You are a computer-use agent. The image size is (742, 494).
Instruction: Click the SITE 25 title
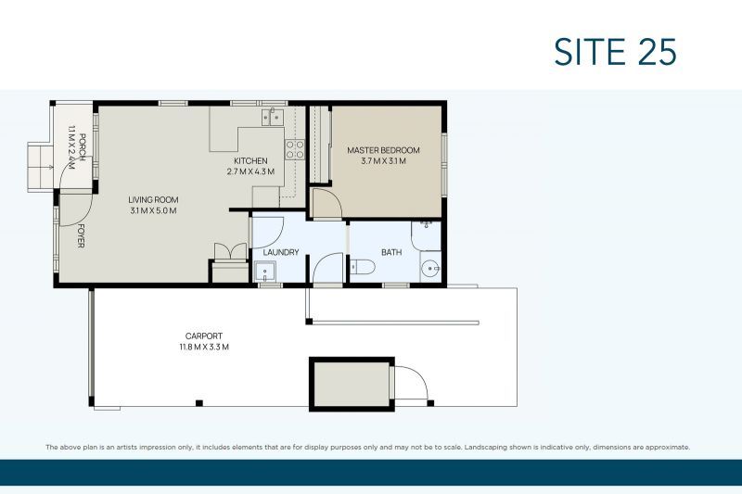tap(615, 52)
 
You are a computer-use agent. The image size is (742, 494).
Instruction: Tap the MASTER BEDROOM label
tap(383, 150)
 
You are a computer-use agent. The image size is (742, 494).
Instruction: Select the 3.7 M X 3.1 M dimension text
tap(383, 160)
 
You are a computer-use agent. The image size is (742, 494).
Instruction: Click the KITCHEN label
tap(250, 160)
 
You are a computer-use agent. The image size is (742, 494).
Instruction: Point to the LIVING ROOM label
tap(153, 199)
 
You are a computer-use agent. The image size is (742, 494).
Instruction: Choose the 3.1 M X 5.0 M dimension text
tap(153, 210)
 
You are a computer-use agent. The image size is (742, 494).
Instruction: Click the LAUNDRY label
tap(281, 252)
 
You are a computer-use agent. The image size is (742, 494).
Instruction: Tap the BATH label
tap(391, 252)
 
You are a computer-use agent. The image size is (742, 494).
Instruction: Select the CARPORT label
tap(204, 336)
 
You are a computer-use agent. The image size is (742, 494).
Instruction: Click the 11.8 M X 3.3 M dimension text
tap(204, 347)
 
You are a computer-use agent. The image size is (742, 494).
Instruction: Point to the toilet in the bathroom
tap(363, 267)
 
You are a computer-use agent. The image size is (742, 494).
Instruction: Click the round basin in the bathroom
tap(430, 270)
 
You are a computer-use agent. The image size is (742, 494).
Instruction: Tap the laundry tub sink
tap(264, 272)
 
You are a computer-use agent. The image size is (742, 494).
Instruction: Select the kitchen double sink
tap(273, 117)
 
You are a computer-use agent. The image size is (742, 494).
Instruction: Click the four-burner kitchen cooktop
tap(294, 149)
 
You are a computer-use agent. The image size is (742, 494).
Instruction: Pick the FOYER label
tap(81, 235)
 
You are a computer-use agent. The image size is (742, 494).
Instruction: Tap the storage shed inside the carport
tap(352, 385)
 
